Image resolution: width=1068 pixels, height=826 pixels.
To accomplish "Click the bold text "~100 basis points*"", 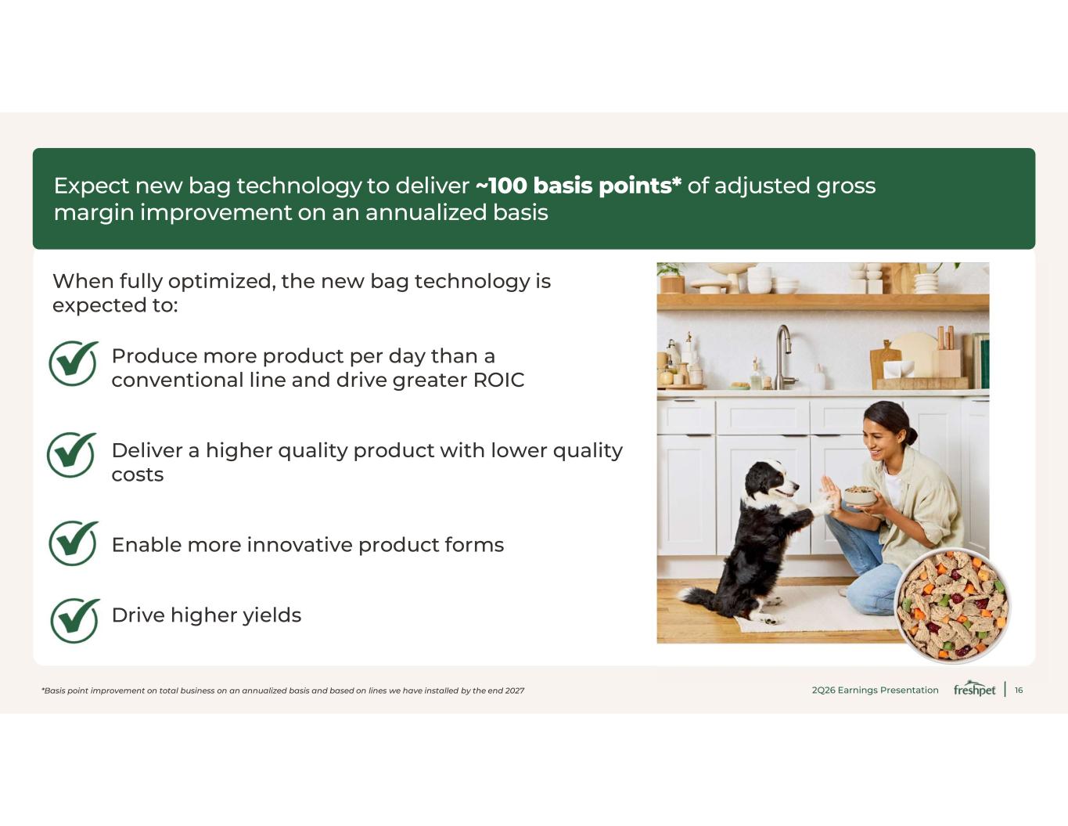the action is click(x=578, y=186).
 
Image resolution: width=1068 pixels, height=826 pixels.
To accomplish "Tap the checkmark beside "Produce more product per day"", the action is click(x=74, y=363).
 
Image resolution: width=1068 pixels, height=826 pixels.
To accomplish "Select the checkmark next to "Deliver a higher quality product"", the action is click(x=72, y=455).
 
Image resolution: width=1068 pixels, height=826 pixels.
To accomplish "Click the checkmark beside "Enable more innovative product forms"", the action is click(x=74, y=543).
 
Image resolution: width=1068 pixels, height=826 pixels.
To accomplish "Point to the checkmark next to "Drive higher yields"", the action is click(x=74, y=621).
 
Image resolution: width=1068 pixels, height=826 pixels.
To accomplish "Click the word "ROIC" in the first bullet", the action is click(x=498, y=380).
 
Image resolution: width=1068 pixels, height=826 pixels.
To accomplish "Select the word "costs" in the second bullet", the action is click(x=138, y=475).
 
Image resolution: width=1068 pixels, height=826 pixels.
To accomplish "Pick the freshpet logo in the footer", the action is click(x=974, y=689).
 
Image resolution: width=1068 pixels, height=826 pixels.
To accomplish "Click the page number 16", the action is click(x=1019, y=691).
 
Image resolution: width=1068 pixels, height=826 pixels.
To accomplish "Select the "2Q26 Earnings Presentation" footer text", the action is click(x=875, y=691).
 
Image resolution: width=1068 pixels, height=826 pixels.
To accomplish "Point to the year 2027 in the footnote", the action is click(x=515, y=691).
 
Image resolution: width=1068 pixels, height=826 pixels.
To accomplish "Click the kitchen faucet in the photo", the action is click(x=783, y=357).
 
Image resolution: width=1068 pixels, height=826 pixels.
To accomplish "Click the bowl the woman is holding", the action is click(x=859, y=496).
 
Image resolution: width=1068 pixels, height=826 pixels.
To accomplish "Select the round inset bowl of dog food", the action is click(x=952, y=606).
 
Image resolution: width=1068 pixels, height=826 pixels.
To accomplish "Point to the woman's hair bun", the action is click(x=912, y=435).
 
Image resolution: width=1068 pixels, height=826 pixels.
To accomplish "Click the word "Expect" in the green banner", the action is click(x=92, y=186).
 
